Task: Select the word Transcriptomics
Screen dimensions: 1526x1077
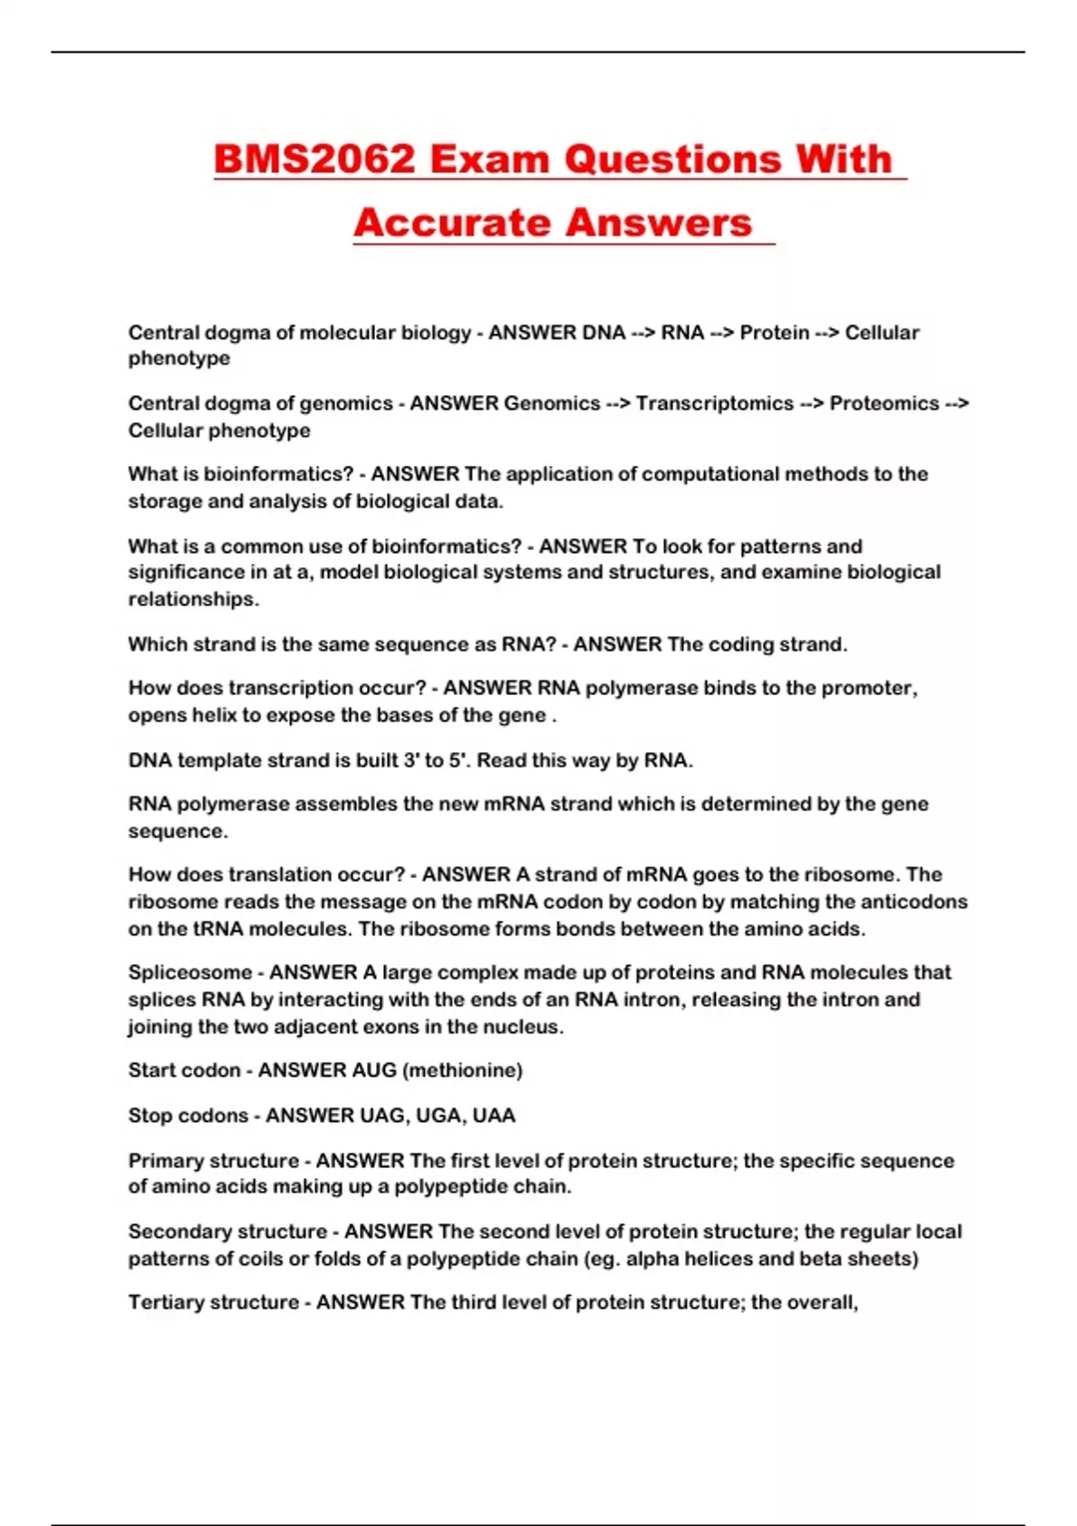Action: tap(714, 404)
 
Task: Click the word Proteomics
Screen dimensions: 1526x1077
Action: tap(884, 404)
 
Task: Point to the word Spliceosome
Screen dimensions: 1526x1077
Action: tap(190, 973)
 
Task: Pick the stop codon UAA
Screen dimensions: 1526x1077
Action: tap(494, 1116)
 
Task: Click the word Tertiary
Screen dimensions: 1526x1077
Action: tap(167, 1302)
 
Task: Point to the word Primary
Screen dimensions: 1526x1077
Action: tap(169, 1161)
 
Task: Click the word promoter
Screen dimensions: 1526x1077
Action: tap(869, 688)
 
